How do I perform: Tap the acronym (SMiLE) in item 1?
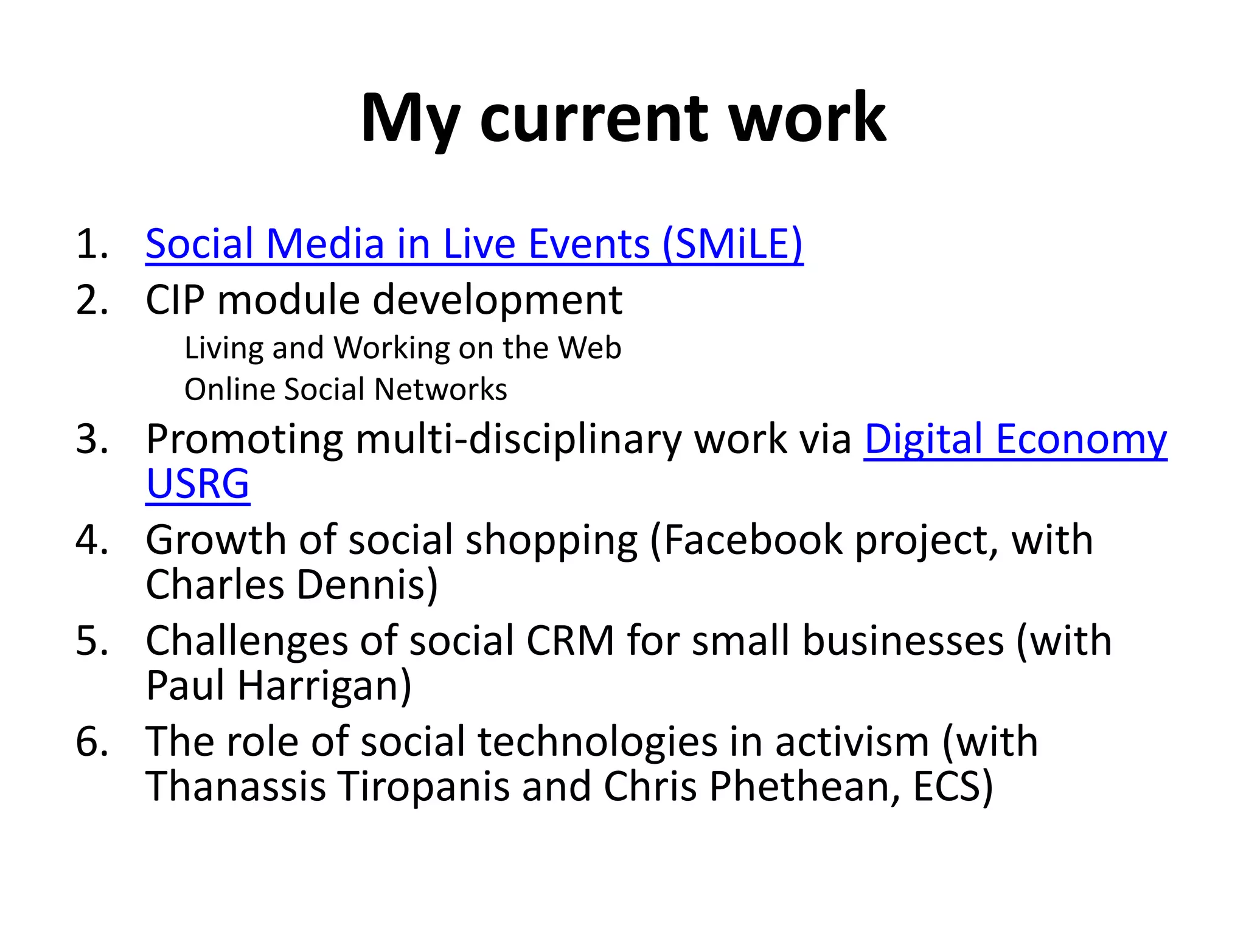(733, 244)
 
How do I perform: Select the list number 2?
(91, 300)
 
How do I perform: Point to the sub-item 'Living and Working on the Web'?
(403, 348)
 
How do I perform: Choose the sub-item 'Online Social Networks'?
(346, 390)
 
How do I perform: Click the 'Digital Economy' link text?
(1015, 439)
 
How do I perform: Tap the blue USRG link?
(198, 485)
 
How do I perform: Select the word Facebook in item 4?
(753, 540)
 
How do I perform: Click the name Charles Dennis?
(291, 585)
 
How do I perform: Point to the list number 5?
(91, 641)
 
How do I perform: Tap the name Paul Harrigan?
(278, 686)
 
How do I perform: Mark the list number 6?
(91, 742)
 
